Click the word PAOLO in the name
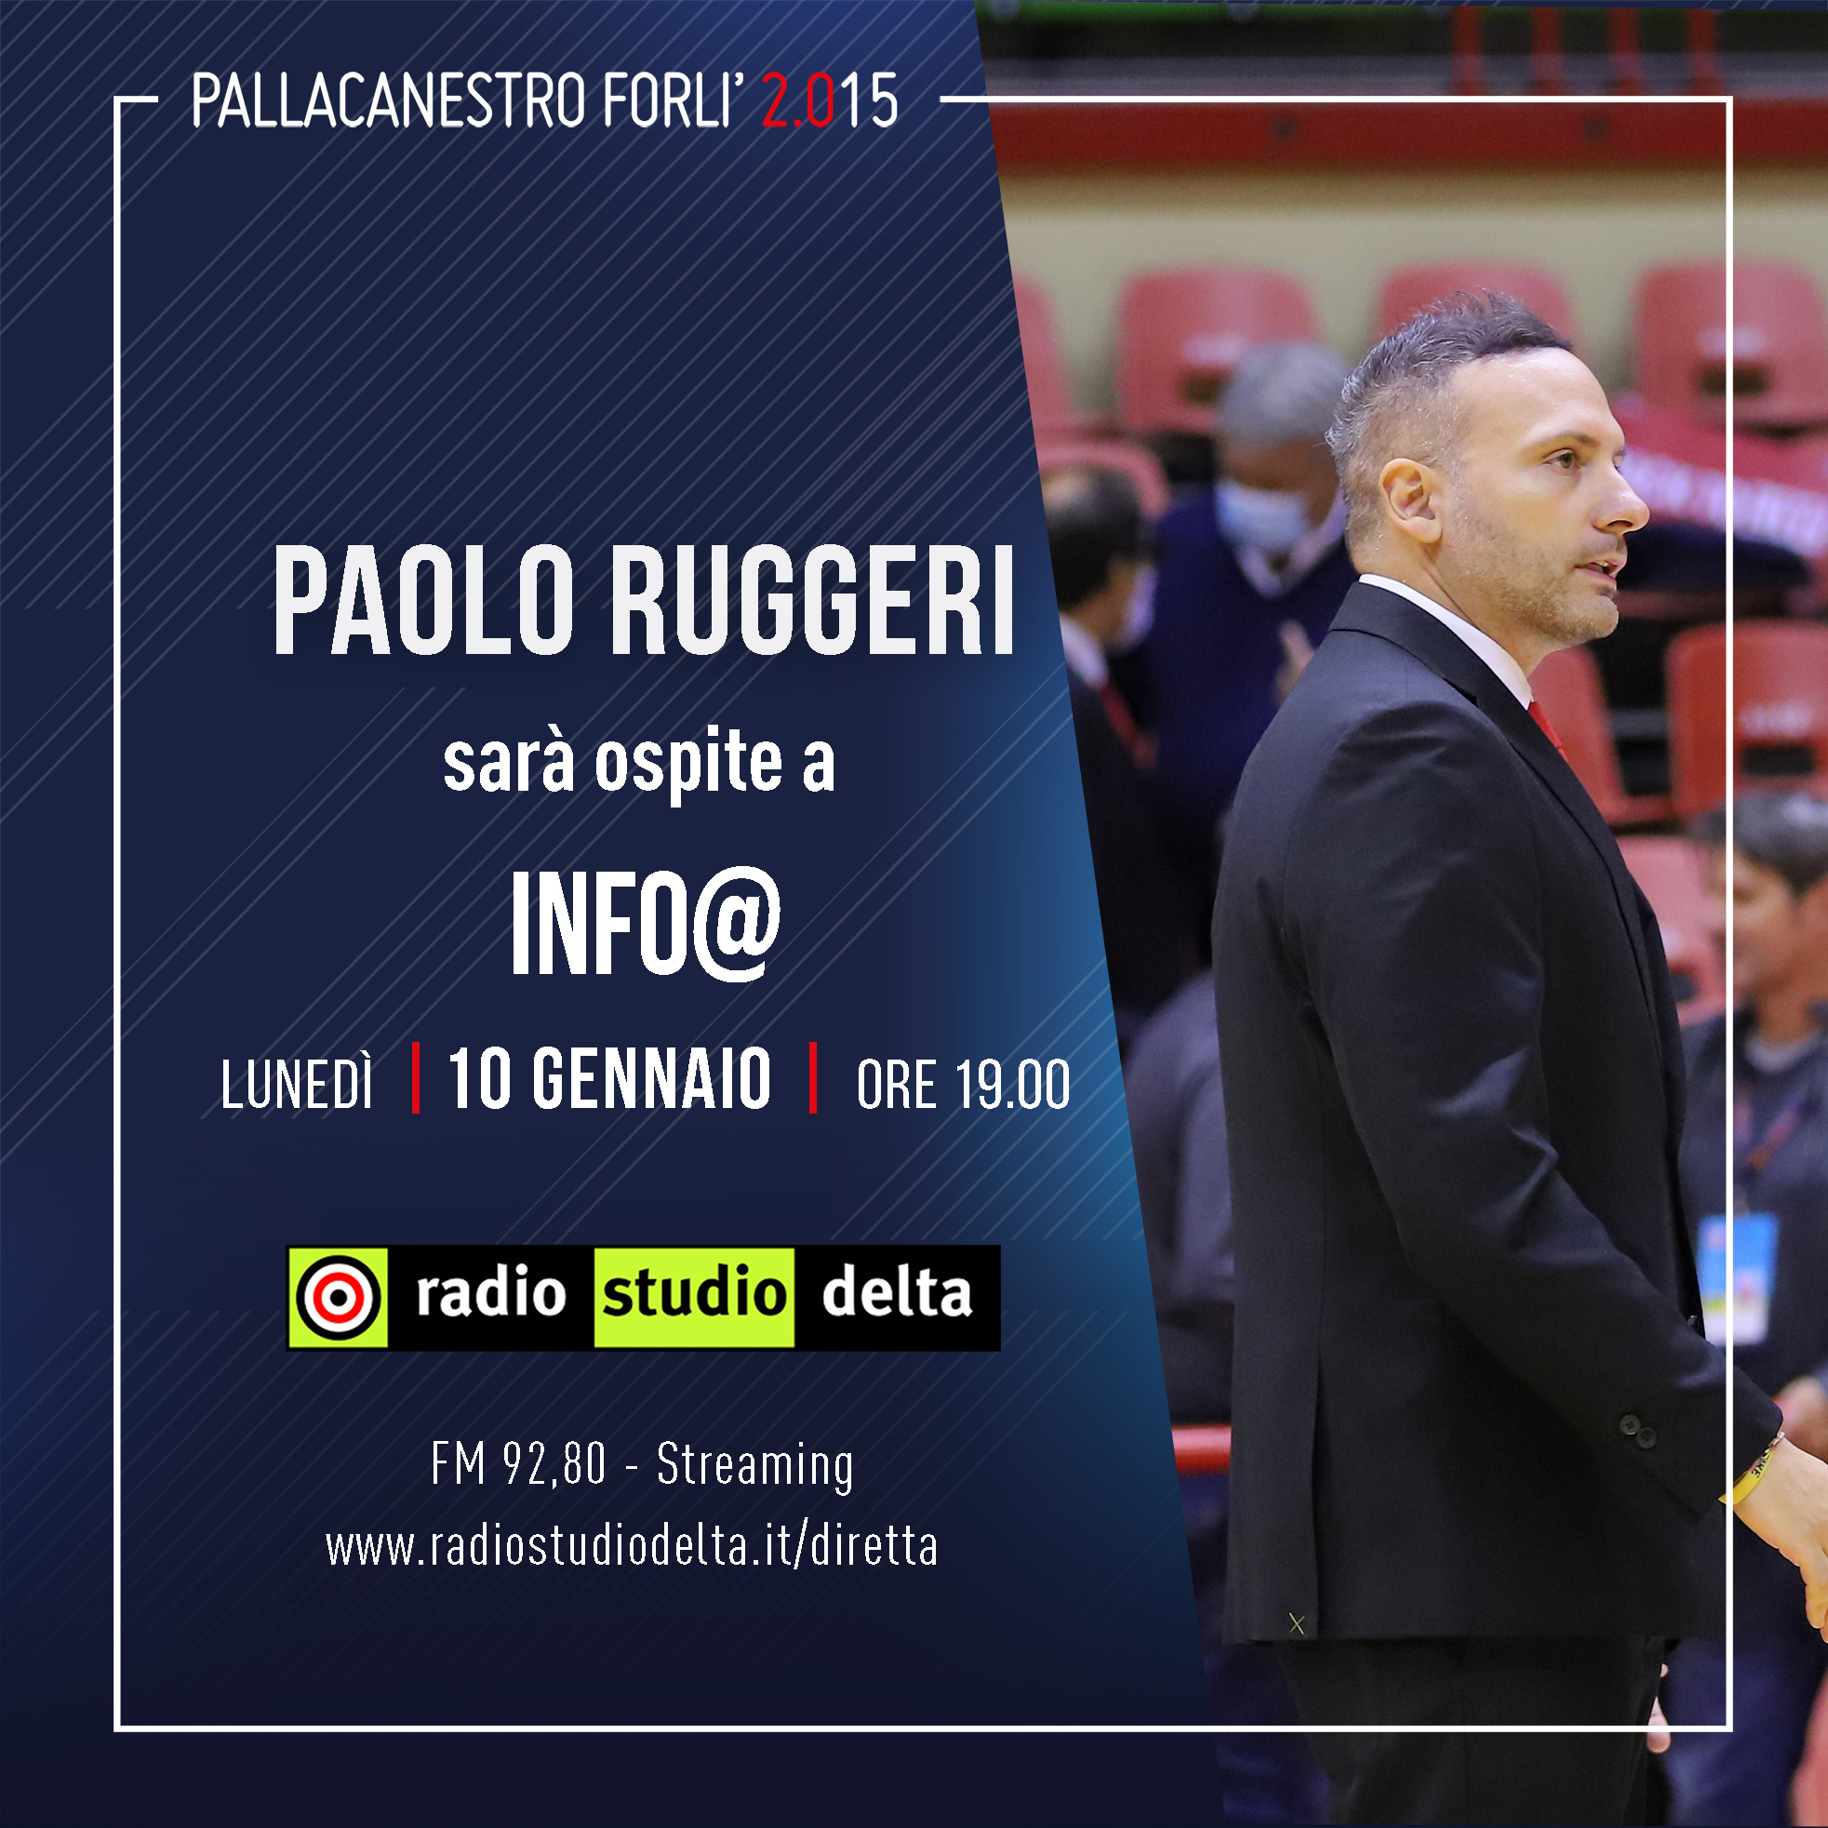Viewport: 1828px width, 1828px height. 423,602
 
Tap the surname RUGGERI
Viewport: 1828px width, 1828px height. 814,602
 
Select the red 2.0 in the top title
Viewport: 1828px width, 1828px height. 797,100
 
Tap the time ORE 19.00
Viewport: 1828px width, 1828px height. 963,1085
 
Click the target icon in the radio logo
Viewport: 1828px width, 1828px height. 339,1297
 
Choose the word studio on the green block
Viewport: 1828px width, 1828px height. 694,1293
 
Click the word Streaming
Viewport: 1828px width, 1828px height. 755,1465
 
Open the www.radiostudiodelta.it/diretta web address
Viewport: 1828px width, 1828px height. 631,1547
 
